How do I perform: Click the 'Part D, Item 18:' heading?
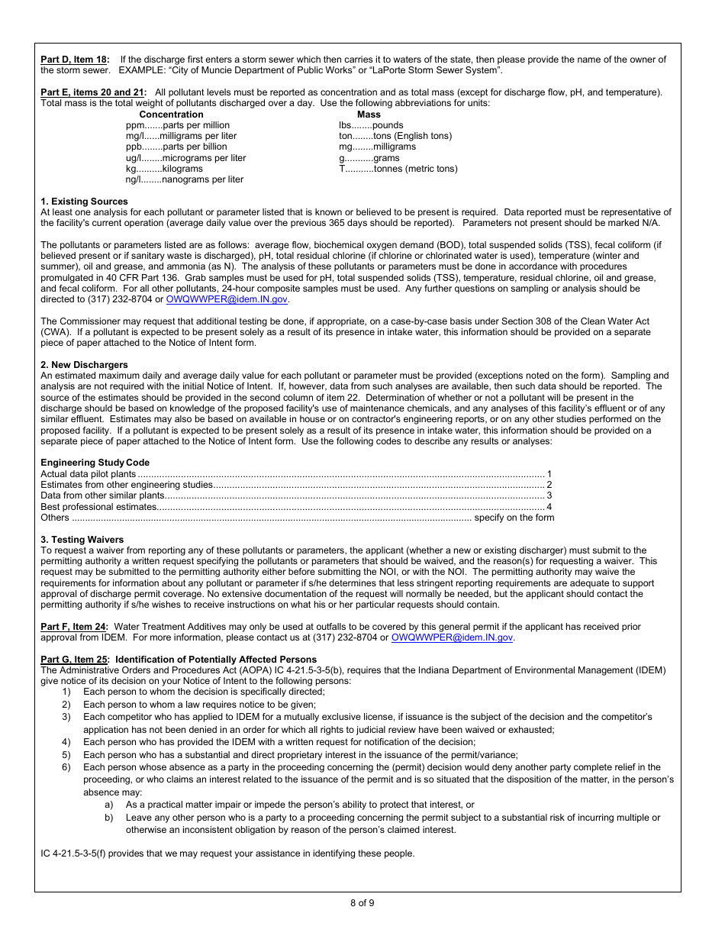coord(75,60)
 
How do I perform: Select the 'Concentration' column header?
coord(171,115)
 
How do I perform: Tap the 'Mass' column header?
coord(369,115)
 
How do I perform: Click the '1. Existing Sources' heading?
coord(84,202)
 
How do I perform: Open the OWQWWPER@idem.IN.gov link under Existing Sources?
coord(227,300)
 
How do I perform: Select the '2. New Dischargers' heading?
coord(84,365)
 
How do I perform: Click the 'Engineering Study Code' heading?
coord(95,463)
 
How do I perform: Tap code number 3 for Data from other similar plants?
coord(549,495)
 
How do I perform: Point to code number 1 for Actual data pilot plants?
coord(549,474)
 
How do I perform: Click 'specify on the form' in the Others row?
coord(514,518)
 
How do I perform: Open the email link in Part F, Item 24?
coord(452,637)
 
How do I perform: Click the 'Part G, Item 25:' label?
coord(75,660)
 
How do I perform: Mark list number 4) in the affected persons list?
coord(66,742)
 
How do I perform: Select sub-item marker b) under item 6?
coord(109,818)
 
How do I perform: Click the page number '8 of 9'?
coord(362,903)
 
